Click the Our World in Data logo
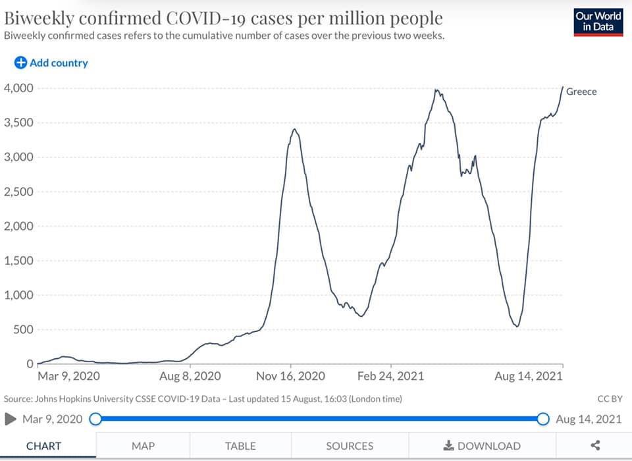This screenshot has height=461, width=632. pyautogui.click(x=598, y=21)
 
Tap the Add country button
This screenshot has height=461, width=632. pyautogui.click(x=51, y=63)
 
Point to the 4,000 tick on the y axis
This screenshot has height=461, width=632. pyautogui.click(x=19, y=88)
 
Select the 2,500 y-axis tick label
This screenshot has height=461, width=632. pyautogui.click(x=19, y=192)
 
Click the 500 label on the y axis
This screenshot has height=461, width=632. pyautogui.click(x=24, y=330)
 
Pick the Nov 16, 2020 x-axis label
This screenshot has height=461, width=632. pyautogui.click(x=290, y=377)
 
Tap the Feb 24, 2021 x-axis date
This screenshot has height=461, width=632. pyautogui.click(x=391, y=377)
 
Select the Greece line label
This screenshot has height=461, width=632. pyautogui.click(x=581, y=92)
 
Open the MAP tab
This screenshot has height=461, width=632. pyautogui.click(x=143, y=446)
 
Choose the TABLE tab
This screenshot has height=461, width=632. pyautogui.click(x=240, y=446)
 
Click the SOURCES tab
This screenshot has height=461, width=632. pyautogui.click(x=350, y=446)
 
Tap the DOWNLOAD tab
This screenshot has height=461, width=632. pyautogui.click(x=482, y=446)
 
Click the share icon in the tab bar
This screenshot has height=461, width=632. pyautogui.click(x=595, y=446)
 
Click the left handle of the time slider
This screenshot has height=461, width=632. pyautogui.click(x=95, y=419)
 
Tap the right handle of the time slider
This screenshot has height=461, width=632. pyautogui.click(x=543, y=419)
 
